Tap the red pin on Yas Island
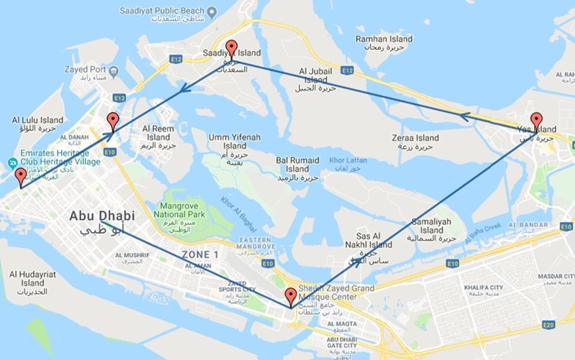[x=535, y=120]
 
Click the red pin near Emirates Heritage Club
[x=19, y=176]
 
